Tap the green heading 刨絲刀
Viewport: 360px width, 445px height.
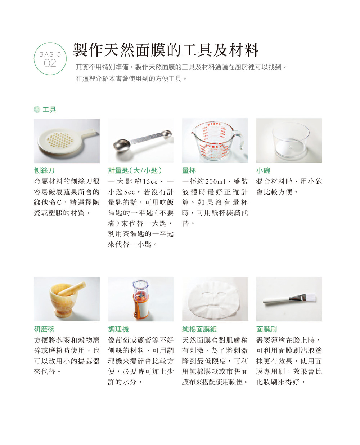tap(44, 170)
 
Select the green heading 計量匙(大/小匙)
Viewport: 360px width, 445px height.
tap(135, 170)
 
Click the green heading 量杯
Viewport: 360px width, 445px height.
tap(189, 170)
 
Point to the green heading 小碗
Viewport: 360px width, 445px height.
tap(263, 170)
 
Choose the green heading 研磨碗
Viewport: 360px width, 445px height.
tap(44, 329)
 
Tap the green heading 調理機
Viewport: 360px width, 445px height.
tap(118, 329)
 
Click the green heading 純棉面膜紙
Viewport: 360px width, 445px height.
tap(199, 329)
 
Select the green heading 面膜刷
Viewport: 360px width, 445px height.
tap(266, 329)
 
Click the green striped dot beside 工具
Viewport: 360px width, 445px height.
tap(37, 109)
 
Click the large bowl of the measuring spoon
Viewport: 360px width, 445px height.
tap(121, 144)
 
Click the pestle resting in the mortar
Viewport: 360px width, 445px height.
tap(72, 289)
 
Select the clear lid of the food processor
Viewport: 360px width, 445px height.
tap(141, 286)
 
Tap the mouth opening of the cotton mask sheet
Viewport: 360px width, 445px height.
tap(213, 307)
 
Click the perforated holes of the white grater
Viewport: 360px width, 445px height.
tap(60, 139)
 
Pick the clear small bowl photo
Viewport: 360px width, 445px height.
tap(289, 141)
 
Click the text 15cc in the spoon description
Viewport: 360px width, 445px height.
tap(150, 181)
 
